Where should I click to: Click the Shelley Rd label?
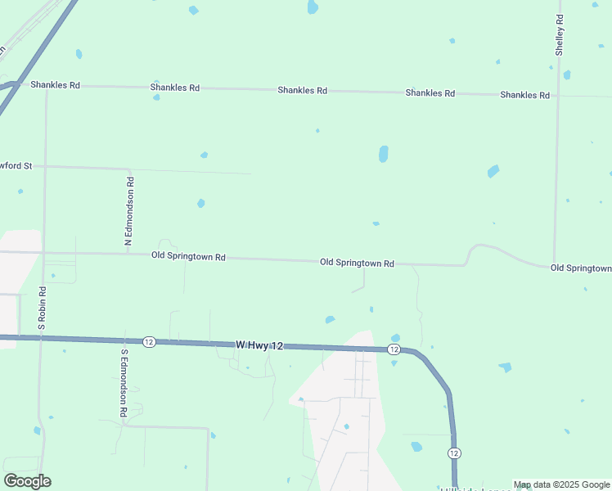click(x=560, y=34)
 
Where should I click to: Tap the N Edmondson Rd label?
click(x=129, y=211)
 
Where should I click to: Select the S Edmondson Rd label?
click(x=124, y=384)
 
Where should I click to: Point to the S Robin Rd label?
click(x=43, y=308)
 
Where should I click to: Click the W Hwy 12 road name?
click(x=259, y=346)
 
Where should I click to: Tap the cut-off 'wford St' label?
click(x=16, y=165)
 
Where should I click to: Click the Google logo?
click(x=28, y=481)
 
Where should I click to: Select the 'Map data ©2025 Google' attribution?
click(x=562, y=484)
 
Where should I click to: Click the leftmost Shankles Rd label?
click(x=56, y=84)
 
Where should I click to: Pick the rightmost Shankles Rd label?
click(x=524, y=95)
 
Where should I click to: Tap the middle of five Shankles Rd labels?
click(x=302, y=90)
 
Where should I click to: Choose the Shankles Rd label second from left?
click(x=175, y=87)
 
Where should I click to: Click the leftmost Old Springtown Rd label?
click(x=188, y=256)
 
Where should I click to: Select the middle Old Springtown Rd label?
click(x=357, y=263)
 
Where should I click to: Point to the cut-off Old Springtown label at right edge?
click(x=581, y=268)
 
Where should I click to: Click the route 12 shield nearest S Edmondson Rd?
click(x=148, y=341)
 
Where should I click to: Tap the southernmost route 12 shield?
click(x=455, y=453)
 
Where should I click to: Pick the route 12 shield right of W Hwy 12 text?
click(x=394, y=349)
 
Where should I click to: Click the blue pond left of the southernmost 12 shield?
click(x=416, y=447)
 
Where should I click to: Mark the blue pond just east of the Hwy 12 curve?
click(x=505, y=367)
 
